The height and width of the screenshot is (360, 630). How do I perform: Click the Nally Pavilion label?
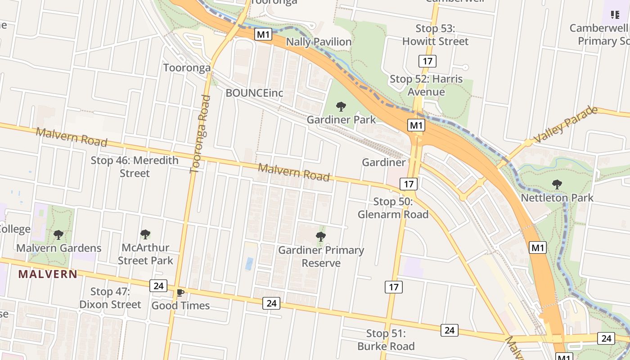[319, 42]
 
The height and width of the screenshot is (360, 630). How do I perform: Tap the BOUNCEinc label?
[254, 93]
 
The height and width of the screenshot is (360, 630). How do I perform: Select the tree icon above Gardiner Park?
[341, 107]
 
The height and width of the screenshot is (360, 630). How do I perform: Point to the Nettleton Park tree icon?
[557, 184]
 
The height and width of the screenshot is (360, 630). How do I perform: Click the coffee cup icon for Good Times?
[180, 293]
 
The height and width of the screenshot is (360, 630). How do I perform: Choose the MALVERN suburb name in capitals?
[48, 274]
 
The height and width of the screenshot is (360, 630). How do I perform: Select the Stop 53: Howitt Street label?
[435, 35]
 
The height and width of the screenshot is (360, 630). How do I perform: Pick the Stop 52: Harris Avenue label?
[426, 85]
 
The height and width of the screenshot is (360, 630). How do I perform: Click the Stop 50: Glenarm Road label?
[393, 208]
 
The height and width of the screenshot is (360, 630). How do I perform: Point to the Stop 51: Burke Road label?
[386, 340]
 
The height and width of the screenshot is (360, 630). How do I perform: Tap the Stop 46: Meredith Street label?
[135, 166]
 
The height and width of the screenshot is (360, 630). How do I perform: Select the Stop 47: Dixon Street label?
[110, 298]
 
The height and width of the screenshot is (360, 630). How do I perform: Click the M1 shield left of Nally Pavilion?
[263, 34]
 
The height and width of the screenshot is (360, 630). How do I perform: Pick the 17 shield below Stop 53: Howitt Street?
[427, 61]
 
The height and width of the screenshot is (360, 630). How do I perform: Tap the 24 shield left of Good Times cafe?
[158, 286]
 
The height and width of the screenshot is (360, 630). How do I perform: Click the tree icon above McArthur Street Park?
[145, 234]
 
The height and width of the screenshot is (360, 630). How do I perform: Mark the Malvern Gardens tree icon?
[58, 234]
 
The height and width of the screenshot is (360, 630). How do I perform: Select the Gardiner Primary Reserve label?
[321, 256]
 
